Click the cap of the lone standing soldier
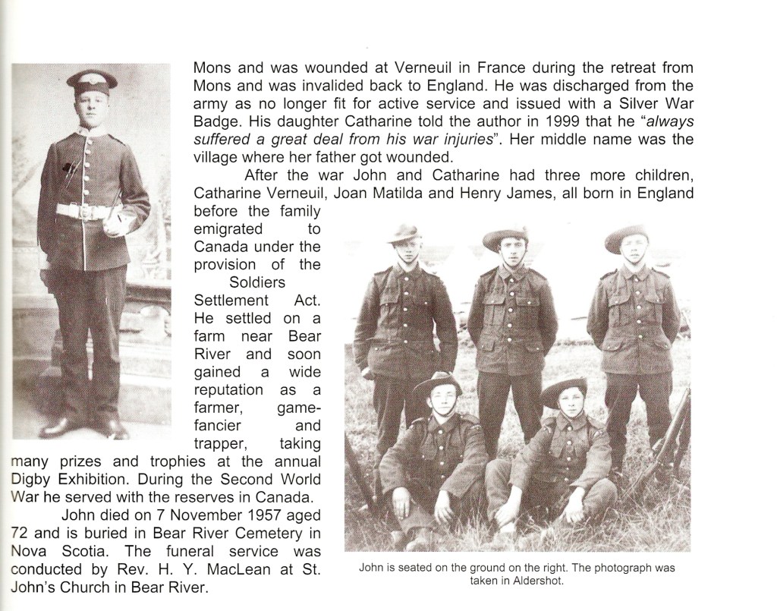[91, 80]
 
